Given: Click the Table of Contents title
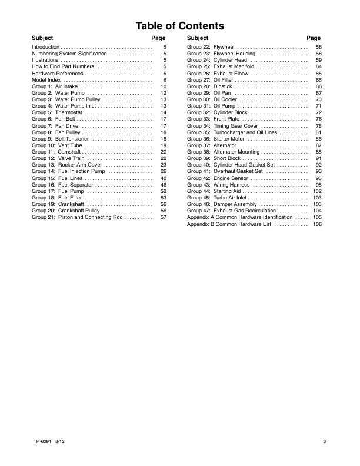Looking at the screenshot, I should (179, 26).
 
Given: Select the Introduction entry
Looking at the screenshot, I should (45, 46).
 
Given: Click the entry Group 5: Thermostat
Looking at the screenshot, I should (56, 112).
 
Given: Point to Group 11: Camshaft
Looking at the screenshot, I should (56, 152).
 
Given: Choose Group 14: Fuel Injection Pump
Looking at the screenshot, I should (68, 171).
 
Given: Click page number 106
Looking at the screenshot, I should (317, 224).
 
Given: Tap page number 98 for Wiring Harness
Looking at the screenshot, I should (318, 185).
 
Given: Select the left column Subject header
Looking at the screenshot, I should (42, 38).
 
